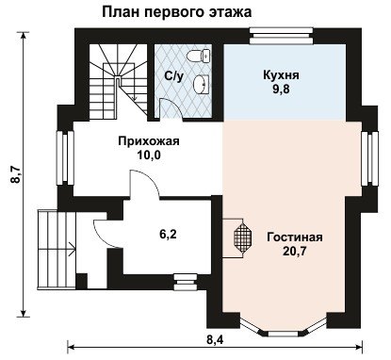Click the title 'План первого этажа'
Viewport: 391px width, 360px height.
point(176,12)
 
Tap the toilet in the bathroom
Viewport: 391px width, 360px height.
point(198,57)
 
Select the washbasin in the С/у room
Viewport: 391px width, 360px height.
point(201,84)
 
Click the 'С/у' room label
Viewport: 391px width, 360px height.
point(173,75)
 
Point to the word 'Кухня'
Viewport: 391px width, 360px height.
point(281,75)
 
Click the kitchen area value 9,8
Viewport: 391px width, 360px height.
point(281,90)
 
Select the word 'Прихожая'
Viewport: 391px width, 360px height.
point(149,141)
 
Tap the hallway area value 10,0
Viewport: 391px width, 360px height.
point(149,155)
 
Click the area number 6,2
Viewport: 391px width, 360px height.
point(168,235)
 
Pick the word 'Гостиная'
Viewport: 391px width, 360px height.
point(295,237)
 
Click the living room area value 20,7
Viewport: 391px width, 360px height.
point(294,252)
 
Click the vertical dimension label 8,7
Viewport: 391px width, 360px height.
point(16,174)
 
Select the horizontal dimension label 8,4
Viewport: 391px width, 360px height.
point(215,339)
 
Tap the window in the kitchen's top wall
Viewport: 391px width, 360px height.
point(281,37)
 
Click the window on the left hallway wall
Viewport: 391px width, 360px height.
point(65,158)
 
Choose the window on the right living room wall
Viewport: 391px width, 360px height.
point(369,158)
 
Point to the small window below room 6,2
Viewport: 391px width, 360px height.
point(186,282)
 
